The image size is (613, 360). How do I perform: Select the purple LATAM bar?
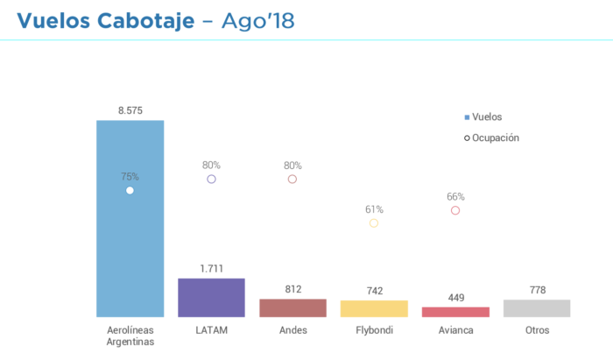point(211,298)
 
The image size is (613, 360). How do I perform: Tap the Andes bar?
point(292,307)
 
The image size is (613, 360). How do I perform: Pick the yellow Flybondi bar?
point(374,308)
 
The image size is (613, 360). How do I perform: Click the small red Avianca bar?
point(455,312)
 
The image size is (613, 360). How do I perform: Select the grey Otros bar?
point(537,308)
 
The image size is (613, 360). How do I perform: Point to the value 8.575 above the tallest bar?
point(130,111)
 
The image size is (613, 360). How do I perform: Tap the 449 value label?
point(455,297)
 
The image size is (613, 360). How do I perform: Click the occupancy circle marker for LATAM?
point(211,179)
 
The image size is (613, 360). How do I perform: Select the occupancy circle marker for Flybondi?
point(374,223)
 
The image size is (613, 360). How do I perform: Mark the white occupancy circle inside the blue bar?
point(130,190)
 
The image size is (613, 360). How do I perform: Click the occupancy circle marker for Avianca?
point(455,210)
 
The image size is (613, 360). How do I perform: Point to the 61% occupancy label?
point(374,209)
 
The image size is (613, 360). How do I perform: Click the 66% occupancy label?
point(455,197)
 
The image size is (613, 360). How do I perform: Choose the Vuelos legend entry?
point(483,116)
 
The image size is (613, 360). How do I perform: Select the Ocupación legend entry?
point(491,138)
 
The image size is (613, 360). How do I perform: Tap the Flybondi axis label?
point(374,330)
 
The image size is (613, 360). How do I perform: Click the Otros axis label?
point(537,330)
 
